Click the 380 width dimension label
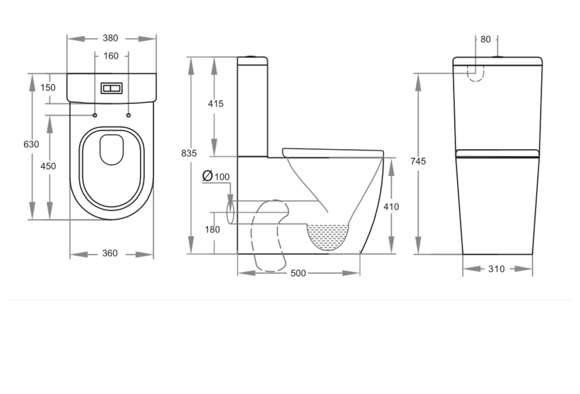point(110,38)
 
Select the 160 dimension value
point(111,56)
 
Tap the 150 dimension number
point(48,87)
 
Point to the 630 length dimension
point(31,144)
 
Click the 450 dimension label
point(48,166)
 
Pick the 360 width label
point(110,253)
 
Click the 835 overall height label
point(189,153)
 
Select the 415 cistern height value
point(216,104)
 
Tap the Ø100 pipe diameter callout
point(216,176)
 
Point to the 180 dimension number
point(212,230)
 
